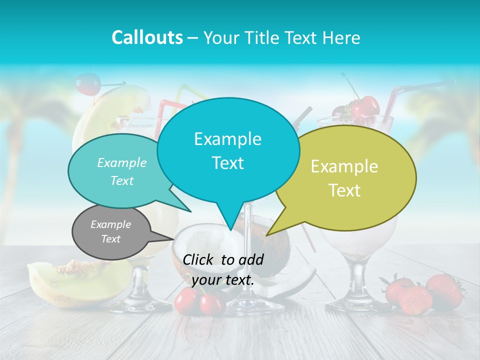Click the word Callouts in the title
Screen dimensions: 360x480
[x=147, y=37]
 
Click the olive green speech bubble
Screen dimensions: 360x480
[x=350, y=177]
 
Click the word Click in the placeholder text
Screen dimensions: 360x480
[x=199, y=259]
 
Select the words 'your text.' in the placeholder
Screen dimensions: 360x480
[x=223, y=280]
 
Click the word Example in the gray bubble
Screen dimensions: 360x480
[x=111, y=224]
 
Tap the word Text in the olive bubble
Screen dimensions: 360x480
[x=345, y=190]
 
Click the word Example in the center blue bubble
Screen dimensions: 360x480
[x=227, y=139]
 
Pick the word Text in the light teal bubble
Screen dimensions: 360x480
[x=122, y=181]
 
